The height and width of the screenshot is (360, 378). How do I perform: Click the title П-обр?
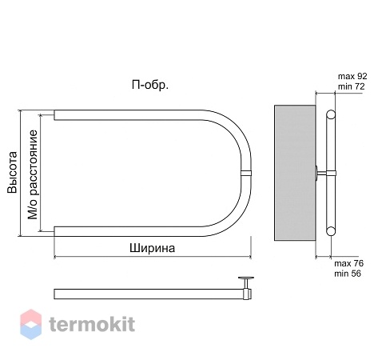(x=150, y=85)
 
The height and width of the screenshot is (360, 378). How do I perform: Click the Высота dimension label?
(x=12, y=172)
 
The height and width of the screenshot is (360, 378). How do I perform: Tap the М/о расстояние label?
(x=33, y=174)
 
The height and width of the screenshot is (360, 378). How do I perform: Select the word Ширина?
(x=152, y=248)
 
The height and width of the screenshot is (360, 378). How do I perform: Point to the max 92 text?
(x=352, y=76)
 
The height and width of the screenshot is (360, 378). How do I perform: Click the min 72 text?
(x=352, y=86)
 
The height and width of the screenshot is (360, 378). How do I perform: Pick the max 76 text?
(x=349, y=263)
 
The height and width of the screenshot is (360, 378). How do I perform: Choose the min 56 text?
(x=348, y=274)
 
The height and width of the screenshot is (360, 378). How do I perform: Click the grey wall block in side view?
(x=295, y=173)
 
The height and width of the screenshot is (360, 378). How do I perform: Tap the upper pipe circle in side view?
(x=331, y=114)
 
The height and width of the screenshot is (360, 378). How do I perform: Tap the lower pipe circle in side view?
(x=331, y=231)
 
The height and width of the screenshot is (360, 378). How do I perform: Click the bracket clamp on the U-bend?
(x=246, y=173)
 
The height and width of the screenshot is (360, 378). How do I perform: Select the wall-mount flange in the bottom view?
(x=246, y=279)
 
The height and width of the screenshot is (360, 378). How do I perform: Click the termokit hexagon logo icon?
(x=31, y=324)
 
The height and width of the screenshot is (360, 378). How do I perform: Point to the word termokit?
(x=92, y=324)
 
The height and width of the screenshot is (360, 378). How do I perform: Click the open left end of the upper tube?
(x=54, y=115)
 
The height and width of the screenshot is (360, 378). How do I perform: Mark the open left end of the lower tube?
(x=54, y=231)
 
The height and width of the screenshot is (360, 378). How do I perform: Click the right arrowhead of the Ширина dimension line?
(x=250, y=257)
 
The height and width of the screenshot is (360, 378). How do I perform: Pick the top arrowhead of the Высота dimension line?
(x=19, y=111)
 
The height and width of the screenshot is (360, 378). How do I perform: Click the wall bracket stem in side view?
(x=322, y=173)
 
